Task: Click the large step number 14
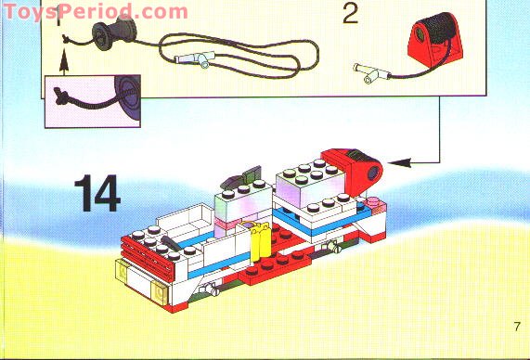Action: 97,193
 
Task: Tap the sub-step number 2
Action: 350,15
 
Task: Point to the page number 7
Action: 517,327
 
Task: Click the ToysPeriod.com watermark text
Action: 96,11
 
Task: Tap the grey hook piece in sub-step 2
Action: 371,72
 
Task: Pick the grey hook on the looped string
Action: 195,58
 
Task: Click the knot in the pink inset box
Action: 61,96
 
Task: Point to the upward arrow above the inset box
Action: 63,61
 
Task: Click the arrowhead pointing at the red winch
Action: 400,162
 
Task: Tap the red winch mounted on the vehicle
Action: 354,171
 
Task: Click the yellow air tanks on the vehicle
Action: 259,241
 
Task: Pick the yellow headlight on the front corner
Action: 159,293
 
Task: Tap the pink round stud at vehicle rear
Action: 373,203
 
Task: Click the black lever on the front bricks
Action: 172,243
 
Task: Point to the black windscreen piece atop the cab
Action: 241,177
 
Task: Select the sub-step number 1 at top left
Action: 58,15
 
